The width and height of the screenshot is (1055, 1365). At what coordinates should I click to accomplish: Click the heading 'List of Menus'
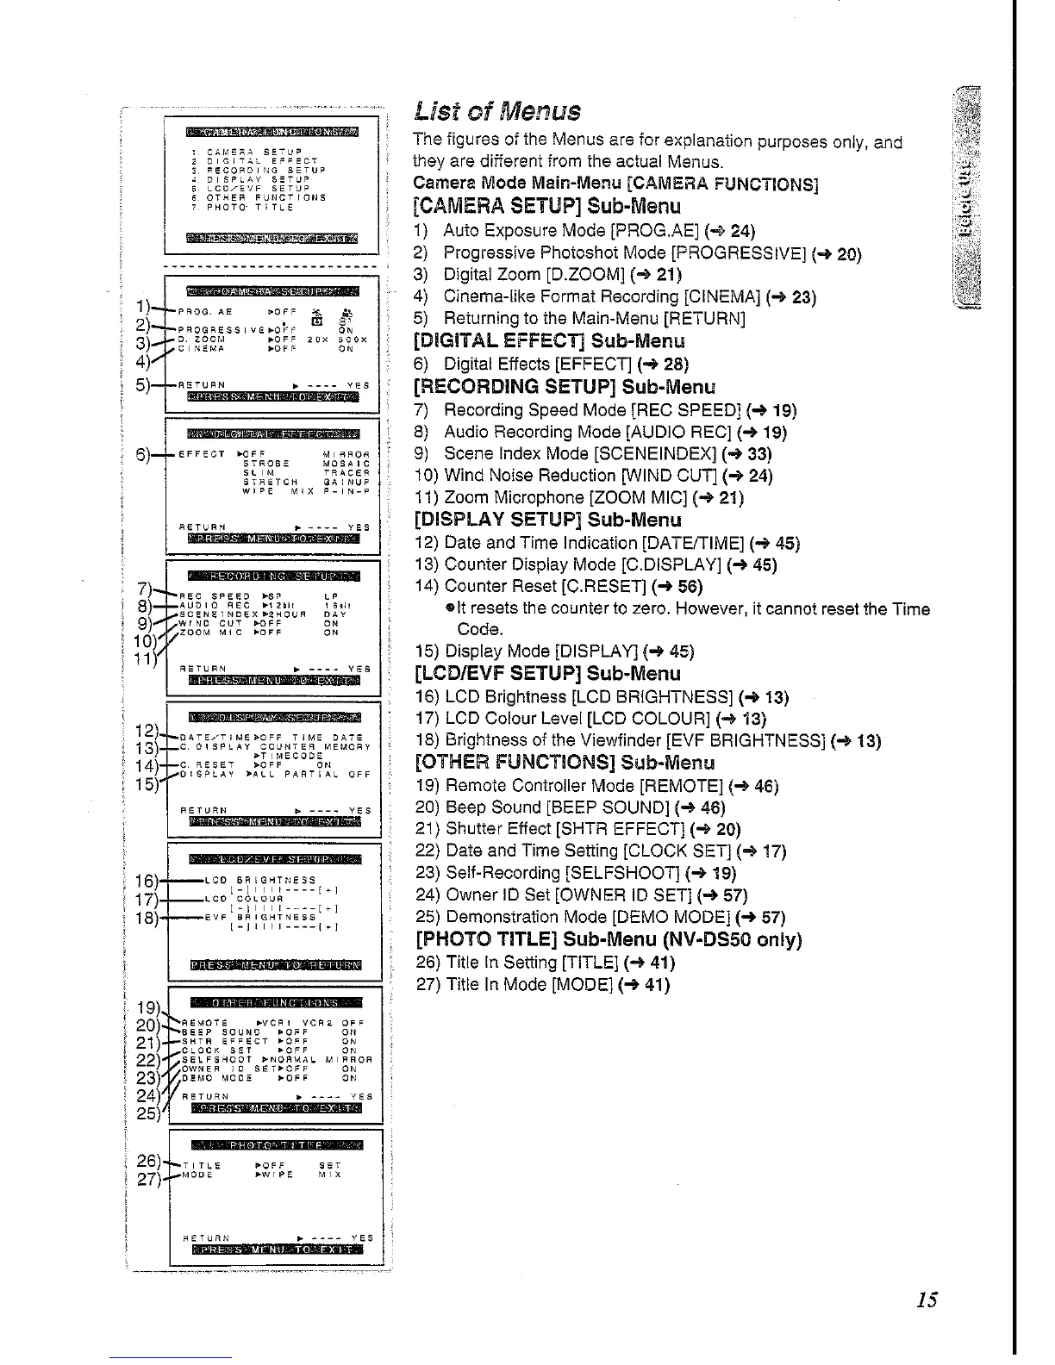(497, 111)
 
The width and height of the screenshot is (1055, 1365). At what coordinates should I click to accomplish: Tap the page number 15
(927, 1300)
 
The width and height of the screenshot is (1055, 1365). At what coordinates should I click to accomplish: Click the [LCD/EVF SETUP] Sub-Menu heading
(547, 674)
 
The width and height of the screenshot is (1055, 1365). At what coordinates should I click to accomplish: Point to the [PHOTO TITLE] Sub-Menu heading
(609, 939)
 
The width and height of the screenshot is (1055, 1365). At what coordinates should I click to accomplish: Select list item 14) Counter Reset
(559, 587)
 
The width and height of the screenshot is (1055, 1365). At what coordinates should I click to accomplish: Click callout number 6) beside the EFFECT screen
(145, 454)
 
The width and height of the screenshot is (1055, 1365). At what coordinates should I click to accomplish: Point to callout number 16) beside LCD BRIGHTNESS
(147, 881)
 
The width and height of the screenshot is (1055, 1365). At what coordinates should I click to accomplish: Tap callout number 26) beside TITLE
(148, 1160)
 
